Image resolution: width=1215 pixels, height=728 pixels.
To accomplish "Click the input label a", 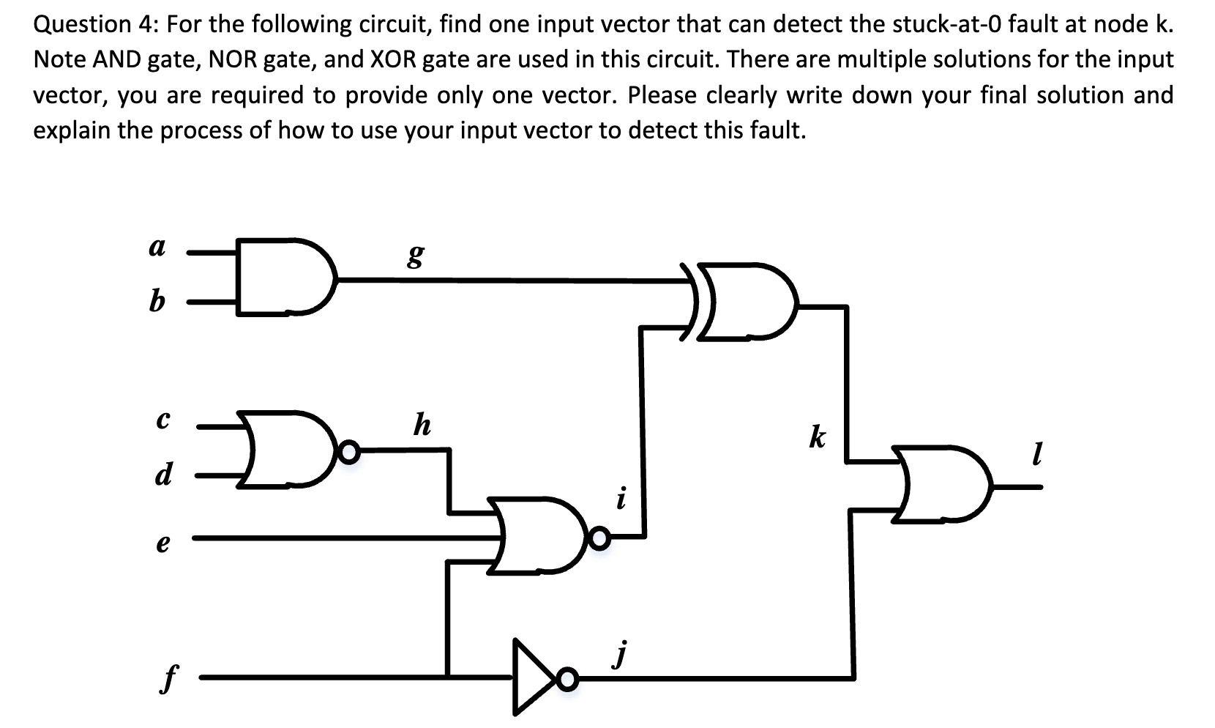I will (157, 248).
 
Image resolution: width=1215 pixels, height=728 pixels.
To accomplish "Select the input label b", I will (157, 300).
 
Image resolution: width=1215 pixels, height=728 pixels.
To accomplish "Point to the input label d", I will (162, 475).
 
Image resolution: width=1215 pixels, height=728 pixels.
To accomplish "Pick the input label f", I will (168, 679).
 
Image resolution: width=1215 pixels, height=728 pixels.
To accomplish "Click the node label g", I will (415, 256).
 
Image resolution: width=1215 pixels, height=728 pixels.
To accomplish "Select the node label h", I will (422, 424).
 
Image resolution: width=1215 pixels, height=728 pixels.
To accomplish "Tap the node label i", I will (621, 499).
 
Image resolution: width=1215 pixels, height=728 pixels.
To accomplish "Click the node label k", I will (818, 437).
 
